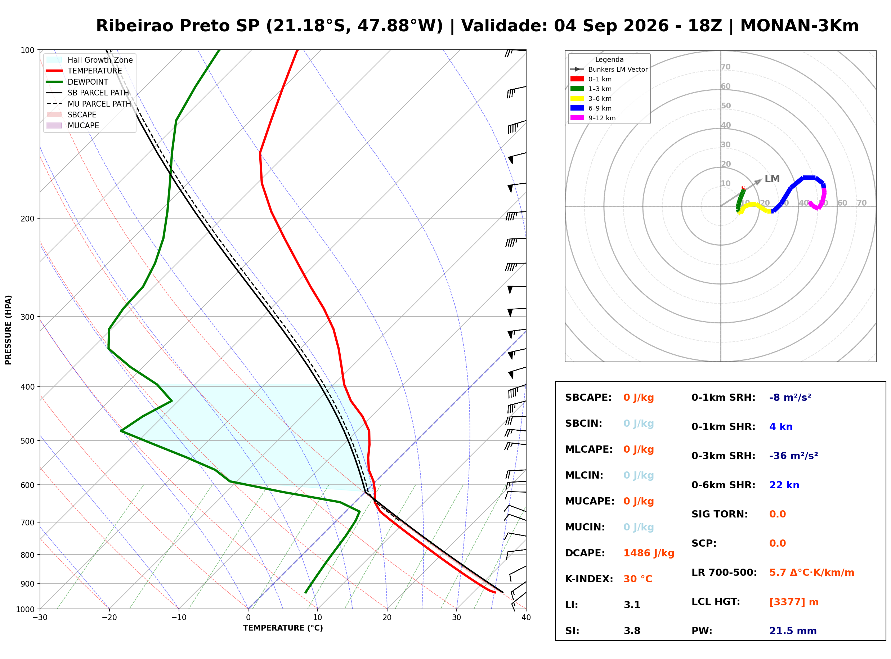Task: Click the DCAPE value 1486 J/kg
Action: click(x=649, y=553)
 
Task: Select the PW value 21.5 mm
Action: click(x=793, y=631)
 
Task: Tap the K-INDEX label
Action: click(x=589, y=579)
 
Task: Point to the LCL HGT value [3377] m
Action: click(x=794, y=602)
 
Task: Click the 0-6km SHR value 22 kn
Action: click(x=784, y=485)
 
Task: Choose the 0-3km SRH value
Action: click(x=793, y=456)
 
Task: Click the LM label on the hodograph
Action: click(x=772, y=179)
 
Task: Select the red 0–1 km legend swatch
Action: click(x=577, y=79)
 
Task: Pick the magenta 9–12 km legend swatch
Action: click(x=577, y=118)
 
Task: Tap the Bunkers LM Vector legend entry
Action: click(x=609, y=70)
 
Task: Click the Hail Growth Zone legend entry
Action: click(x=90, y=60)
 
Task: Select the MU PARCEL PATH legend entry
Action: click(x=89, y=104)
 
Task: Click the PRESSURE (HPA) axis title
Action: click(x=8, y=330)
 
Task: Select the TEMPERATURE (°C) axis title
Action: click(x=283, y=628)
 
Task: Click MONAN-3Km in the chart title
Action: click(x=799, y=26)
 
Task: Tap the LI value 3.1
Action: click(x=632, y=605)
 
